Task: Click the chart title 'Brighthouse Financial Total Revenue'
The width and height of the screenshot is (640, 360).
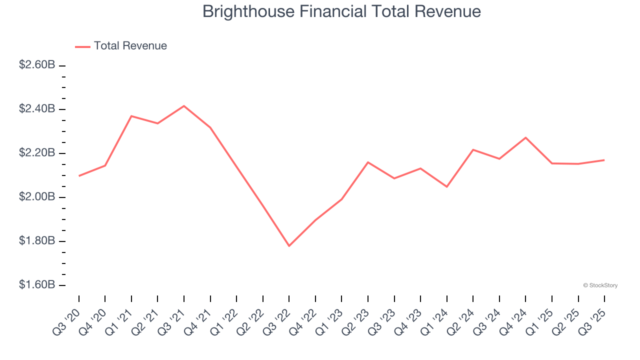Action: [341, 11]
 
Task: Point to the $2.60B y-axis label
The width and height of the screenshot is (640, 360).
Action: [37, 65]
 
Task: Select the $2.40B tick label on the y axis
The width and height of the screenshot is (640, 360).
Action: [37, 109]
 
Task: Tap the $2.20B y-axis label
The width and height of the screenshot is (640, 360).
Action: [37, 153]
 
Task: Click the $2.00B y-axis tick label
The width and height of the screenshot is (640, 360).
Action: [37, 197]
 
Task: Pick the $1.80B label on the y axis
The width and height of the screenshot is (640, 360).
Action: [37, 241]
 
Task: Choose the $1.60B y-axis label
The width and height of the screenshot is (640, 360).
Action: [37, 285]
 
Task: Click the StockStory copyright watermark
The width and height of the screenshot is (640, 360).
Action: [600, 285]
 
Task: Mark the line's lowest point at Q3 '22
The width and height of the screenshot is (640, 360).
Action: [289, 246]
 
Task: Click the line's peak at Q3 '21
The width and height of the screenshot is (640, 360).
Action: [184, 106]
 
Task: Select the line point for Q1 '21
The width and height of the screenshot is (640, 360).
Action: [131, 116]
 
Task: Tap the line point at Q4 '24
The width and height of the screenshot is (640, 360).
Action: [525, 137]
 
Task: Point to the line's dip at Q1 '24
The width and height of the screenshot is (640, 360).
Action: [446, 187]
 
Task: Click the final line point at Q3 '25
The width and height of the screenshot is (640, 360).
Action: [604, 160]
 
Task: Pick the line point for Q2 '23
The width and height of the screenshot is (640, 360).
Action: [368, 162]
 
